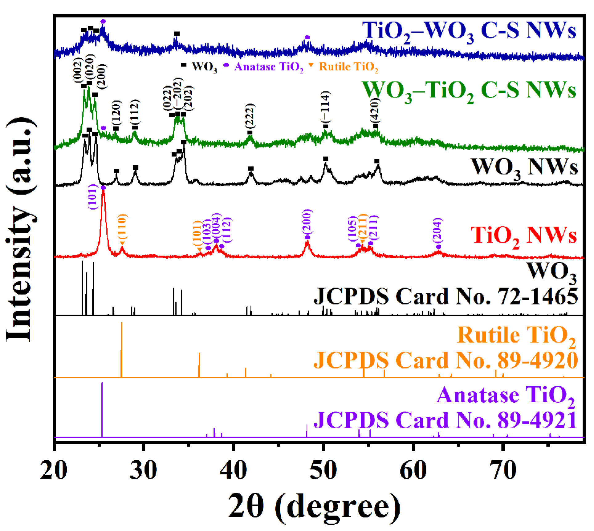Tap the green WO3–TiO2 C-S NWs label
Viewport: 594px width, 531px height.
pos(468,91)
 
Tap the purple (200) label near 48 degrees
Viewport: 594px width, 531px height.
pos(307,222)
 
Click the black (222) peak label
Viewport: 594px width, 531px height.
pos(250,116)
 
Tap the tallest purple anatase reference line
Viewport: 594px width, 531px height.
pos(102,409)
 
